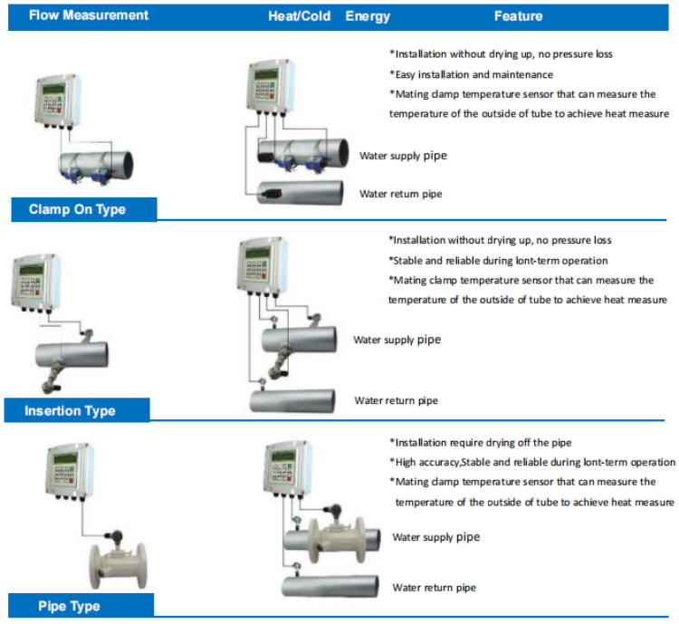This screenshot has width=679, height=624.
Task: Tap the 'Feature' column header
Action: (518, 16)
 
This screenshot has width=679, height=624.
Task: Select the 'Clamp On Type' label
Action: (77, 210)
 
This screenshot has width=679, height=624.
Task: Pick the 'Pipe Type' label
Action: (69, 606)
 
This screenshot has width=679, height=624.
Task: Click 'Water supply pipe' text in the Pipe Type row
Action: (435, 537)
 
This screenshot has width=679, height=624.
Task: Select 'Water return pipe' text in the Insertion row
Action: (396, 400)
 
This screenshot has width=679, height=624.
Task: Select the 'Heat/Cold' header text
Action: (300, 16)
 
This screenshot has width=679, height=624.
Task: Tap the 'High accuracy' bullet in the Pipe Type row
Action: (531, 462)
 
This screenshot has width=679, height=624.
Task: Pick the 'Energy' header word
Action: (368, 16)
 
